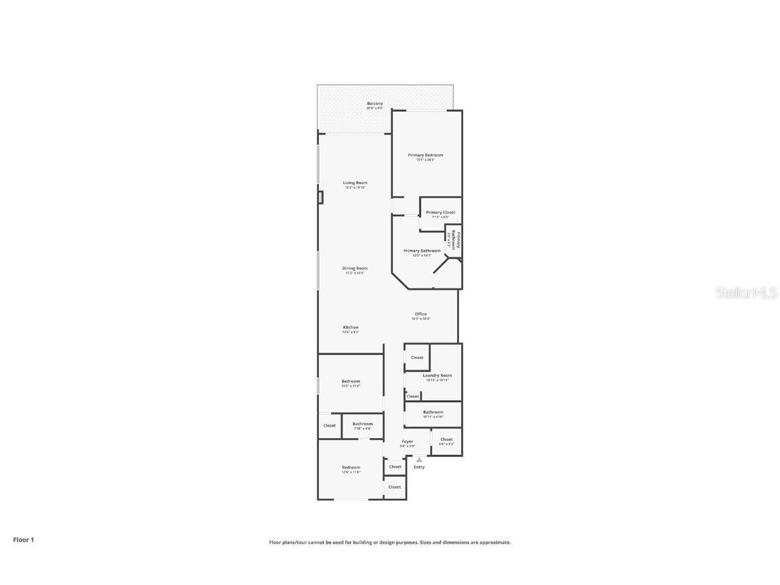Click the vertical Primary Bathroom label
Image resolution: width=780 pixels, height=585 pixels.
456,240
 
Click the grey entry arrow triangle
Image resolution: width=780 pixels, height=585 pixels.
419,460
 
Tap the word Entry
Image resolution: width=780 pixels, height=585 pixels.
419,467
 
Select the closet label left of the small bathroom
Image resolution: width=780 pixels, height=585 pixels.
329,426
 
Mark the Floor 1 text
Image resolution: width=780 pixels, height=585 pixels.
23,540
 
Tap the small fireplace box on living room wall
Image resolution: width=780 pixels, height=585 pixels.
320,197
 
